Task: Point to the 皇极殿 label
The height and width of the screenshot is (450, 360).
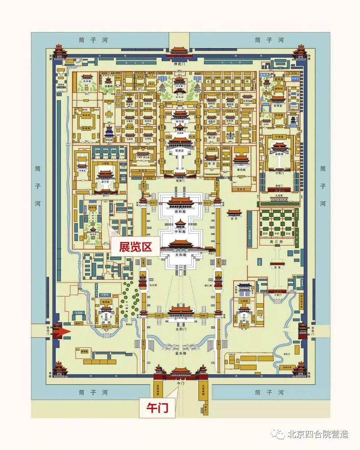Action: [x=279, y=154]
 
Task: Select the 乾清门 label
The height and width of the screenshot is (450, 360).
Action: [x=180, y=180]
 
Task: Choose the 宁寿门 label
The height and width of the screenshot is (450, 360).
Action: [x=279, y=174]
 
